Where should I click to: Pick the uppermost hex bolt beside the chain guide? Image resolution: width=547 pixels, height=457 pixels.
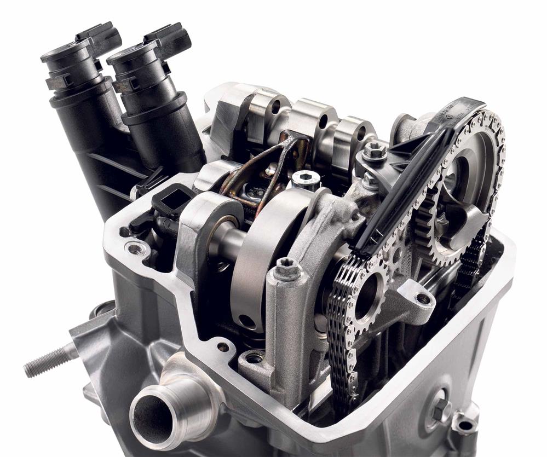coord(375,149)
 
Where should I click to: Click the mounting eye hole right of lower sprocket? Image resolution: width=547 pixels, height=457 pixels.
coord(423,298)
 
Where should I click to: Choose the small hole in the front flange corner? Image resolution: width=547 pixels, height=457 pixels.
coord(223,346)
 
